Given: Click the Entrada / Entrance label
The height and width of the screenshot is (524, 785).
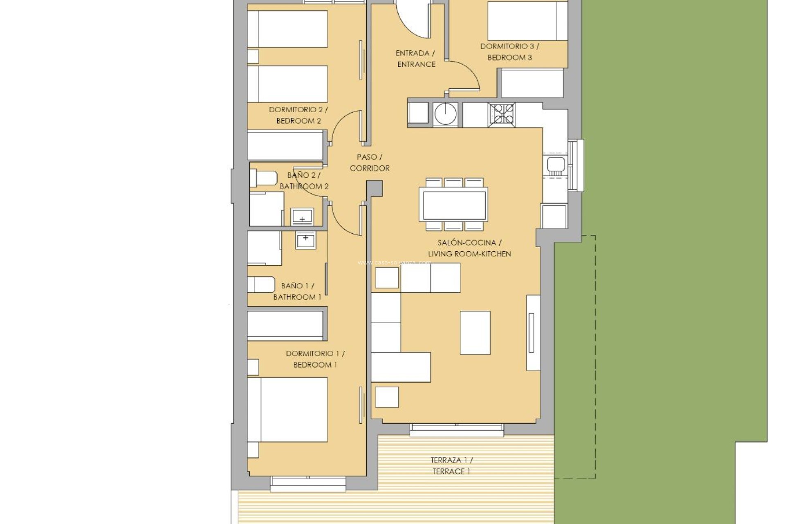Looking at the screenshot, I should (416, 59).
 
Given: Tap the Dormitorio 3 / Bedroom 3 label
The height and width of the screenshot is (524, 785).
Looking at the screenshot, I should (509, 52).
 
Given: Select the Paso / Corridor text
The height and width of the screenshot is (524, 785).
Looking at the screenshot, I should (369, 163).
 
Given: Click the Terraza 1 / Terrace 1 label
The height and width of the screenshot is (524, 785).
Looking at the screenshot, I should (451, 466).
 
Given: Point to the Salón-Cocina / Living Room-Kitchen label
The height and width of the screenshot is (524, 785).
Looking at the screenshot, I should (469, 248).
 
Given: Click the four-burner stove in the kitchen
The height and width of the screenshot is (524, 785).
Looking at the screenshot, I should (501, 114).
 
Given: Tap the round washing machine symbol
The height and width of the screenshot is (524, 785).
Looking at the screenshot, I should (445, 113).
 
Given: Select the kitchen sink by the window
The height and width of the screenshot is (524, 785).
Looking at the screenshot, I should (555, 166).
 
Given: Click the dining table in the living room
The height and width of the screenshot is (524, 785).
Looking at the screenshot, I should (453, 204).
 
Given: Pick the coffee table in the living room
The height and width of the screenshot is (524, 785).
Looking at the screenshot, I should (475, 332).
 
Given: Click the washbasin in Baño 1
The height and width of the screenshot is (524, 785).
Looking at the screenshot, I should (305, 240).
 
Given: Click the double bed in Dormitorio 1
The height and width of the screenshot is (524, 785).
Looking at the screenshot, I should (287, 409).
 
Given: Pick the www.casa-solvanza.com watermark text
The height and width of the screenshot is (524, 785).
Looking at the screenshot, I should (394, 263).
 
